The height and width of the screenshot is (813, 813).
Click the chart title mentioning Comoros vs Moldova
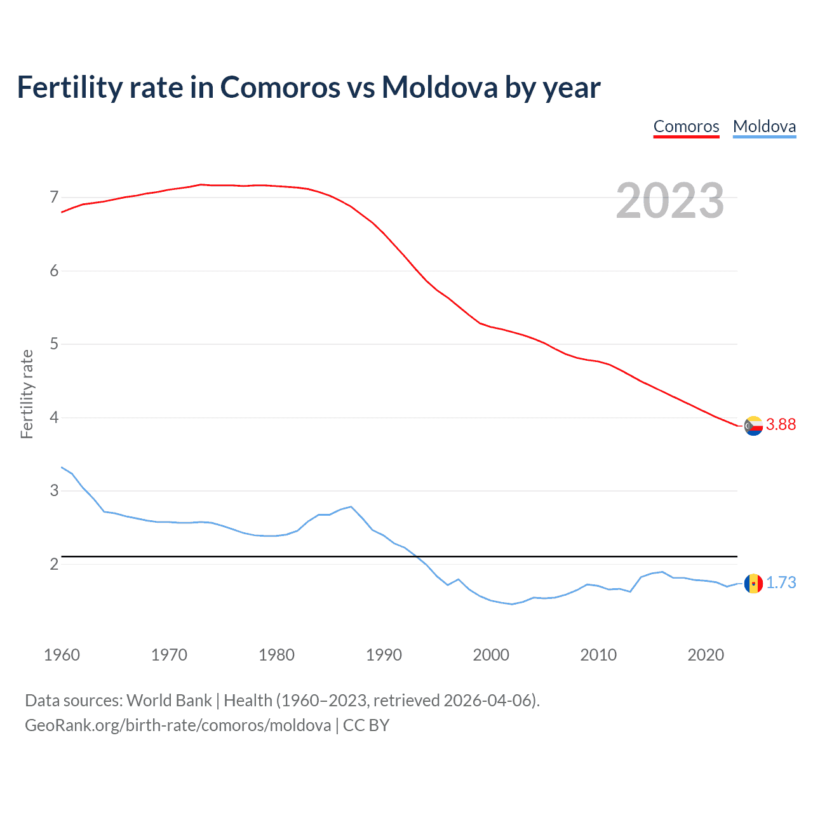309,87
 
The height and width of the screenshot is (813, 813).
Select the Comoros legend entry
686,126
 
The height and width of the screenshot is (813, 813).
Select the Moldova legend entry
764,126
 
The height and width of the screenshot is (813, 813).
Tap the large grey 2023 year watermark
670,201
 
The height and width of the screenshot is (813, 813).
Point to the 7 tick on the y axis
54,198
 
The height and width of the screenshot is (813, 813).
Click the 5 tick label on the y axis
54,344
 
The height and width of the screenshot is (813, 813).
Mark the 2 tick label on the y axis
54,564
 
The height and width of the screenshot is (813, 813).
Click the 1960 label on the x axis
62,655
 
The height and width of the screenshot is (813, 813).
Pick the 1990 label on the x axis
384,655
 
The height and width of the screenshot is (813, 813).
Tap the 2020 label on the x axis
706,655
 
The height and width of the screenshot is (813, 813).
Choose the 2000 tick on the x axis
491,655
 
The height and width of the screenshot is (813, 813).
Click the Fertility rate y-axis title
27,394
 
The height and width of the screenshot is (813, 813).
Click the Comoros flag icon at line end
753,426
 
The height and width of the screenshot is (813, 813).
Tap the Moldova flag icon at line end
753,583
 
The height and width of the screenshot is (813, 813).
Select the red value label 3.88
781,425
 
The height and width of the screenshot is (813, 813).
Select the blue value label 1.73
781,583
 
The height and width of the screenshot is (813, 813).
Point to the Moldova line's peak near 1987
351,507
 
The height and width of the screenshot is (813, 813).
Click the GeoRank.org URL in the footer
178,725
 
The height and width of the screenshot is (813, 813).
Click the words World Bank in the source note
169,701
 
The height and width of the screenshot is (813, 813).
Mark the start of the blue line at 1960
62,467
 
